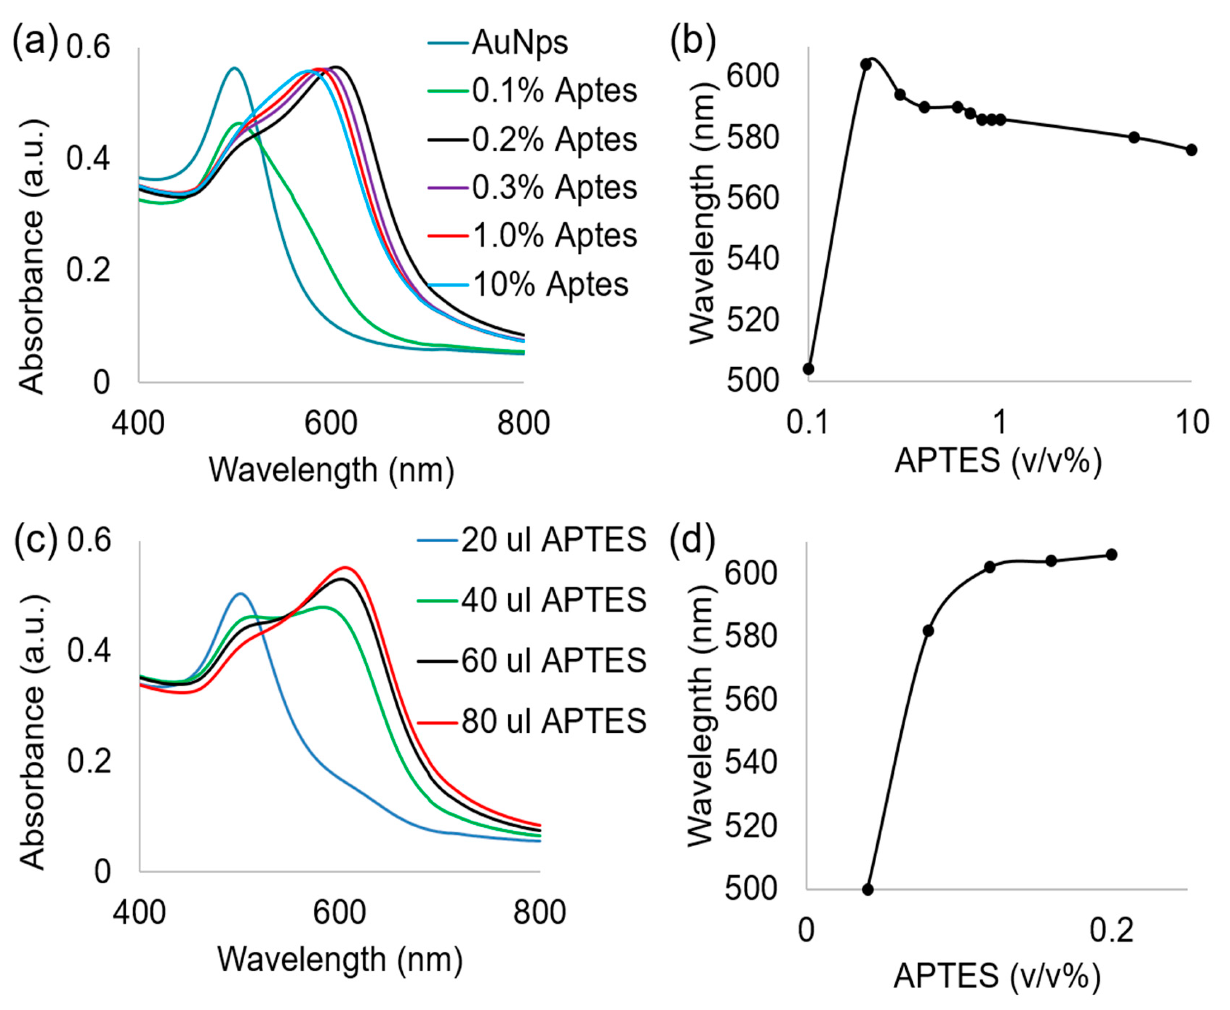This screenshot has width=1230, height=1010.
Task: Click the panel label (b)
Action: (692, 42)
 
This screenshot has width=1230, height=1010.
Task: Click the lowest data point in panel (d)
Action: (868, 889)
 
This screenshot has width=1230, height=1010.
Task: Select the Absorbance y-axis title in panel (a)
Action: (32, 256)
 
